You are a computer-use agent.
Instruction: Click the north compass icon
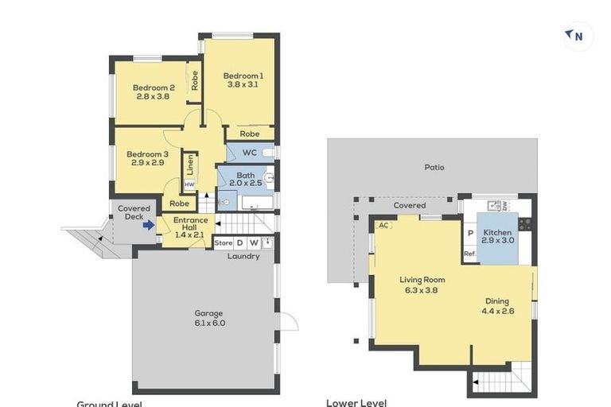[x=575, y=35]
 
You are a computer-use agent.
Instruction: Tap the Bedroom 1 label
[x=243, y=76]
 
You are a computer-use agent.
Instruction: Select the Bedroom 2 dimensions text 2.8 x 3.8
[x=154, y=98]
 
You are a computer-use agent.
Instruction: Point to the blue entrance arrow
[x=149, y=225]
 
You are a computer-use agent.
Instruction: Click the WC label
[x=248, y=152]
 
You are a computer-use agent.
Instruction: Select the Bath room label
[x=245, y=175]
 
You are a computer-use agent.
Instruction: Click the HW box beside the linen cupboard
[x=189, y=184]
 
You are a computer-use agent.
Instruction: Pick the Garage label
[x=208, y=313]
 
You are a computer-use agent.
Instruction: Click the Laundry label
[x=243, y=256]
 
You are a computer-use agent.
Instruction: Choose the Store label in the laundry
[x=224, y=242]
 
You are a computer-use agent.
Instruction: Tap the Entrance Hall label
[x=191, y=220]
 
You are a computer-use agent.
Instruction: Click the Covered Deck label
[x=134, y=208]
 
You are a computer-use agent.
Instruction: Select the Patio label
[x=434, y=167]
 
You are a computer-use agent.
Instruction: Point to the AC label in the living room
[x=383, y=225]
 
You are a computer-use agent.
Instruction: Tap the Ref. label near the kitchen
[x=469, y=254]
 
